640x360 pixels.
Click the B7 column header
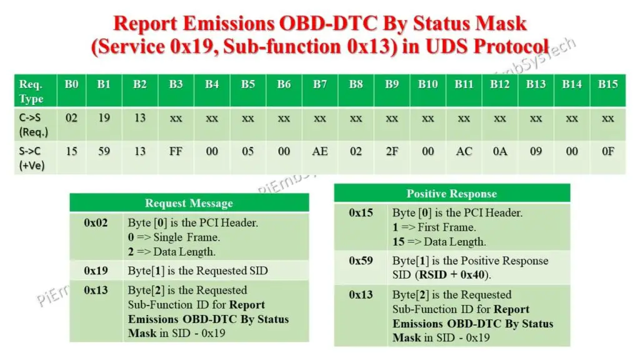[x=319, y=84]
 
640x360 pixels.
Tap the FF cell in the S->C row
[x=176, y=152]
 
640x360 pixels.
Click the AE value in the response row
[x=319, y=152]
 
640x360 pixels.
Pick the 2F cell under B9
[x=392, y=152]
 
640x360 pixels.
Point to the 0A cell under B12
[x=499, y=152]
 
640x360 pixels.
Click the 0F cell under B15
[x=607, y=152]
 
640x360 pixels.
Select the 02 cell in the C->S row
[x=72, y=117]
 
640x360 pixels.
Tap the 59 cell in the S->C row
[x=104, y=152]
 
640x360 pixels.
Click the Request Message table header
[x=189, y=203]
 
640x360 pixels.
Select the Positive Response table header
[x=451, y=194]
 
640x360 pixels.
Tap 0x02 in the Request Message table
[x=96, y=222]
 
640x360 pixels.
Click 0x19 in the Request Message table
[x=96, y=271]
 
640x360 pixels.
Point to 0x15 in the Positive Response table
[x=361, y=213]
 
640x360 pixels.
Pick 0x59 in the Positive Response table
[x=361, y=261]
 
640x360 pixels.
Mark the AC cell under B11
[x=464, y=152]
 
